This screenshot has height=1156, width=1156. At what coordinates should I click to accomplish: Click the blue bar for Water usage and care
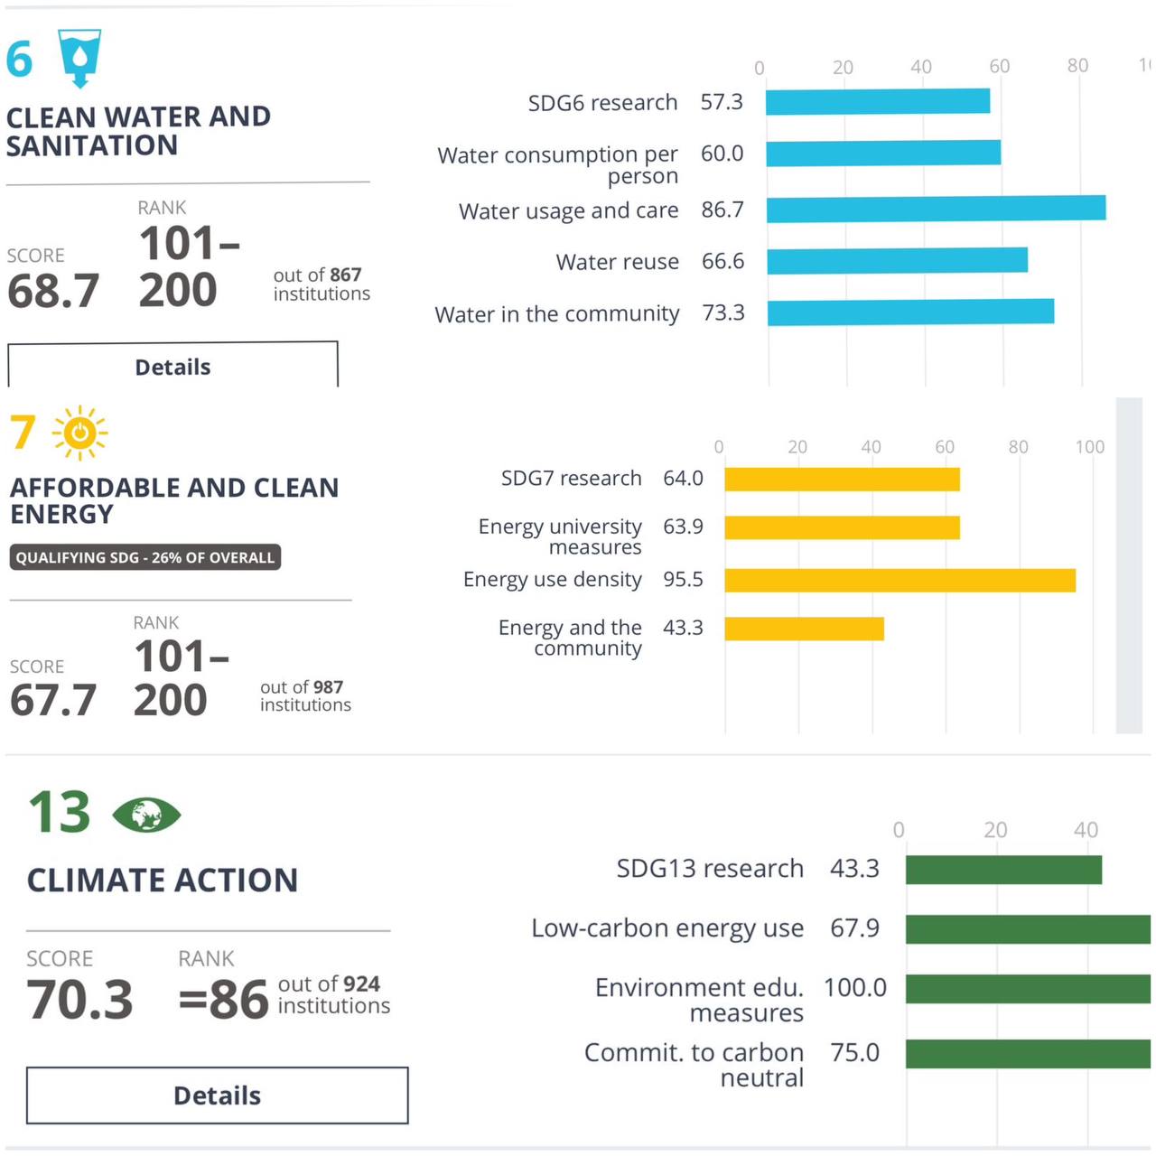[x=936, y=209]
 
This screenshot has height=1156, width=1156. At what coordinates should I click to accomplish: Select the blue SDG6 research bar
[x=877, y=101]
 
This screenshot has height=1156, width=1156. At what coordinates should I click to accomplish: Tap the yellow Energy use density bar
[x=900, y=580]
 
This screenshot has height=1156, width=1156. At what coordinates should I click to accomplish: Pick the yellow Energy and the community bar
[x=804, y=629]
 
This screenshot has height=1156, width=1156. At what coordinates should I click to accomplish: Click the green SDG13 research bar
[x=1003, y=870]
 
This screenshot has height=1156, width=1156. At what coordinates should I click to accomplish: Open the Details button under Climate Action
[x=217, y=1095]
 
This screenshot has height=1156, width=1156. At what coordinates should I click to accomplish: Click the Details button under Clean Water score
[x=172, y=366]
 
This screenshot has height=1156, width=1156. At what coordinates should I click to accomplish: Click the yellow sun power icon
[x=79, y=433]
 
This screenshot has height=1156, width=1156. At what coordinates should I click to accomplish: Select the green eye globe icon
[x=146, y=815]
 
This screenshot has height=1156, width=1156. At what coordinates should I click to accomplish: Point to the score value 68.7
[x=53, y=291]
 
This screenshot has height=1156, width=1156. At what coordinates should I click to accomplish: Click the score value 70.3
[x=80, y=1000]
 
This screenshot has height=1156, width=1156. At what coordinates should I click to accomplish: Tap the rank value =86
[x=223, y=1000]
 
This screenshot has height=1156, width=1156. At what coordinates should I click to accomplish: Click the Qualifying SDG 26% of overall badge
[x=145, y=557]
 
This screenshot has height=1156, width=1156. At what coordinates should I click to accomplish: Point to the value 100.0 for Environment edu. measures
[x=854, y=988]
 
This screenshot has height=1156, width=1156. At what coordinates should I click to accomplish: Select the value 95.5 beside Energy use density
[x=683, y=580]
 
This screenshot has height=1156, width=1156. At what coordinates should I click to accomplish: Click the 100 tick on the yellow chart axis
[x=1089, y=447]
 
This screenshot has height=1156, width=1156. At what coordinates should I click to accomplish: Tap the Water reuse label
[x=618, y=262]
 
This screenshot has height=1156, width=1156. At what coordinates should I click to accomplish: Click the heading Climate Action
[x=163, y=880]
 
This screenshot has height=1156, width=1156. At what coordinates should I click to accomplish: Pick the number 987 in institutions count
[x=328, y=687]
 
